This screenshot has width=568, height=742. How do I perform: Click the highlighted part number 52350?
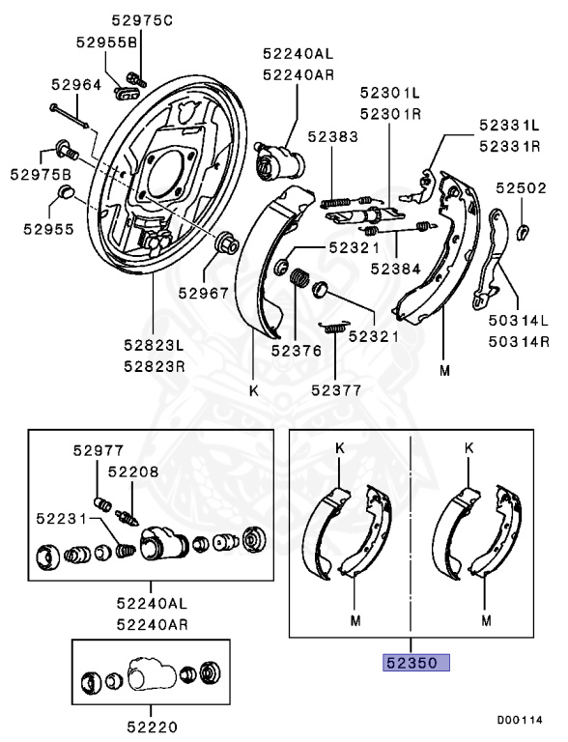tap(416, 663)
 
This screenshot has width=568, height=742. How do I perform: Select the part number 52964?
tap(76, 85)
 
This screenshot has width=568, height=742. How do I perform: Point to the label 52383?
tap(332, 137)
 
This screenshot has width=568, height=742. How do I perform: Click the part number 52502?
tap(521, 188)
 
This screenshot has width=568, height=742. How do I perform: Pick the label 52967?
tap(204, 294)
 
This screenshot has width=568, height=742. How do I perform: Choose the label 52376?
tap(297, 351)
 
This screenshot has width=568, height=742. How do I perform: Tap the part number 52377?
tap(336, 390)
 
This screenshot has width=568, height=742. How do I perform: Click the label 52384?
tap(395, 270)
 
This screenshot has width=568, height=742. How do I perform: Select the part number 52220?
tap(152, 727)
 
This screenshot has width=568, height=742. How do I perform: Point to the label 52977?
tap(98, 450)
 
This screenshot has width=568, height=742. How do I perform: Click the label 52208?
tap(133, 471)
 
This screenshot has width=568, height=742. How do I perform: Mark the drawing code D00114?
tap(520, 720)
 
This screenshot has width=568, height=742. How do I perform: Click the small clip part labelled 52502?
tap(523, 231)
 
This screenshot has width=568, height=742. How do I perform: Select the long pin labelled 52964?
tap(69, 116)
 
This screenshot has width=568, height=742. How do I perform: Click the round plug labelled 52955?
tap(65, 192)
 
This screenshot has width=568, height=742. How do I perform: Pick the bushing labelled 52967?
tap(227, 243)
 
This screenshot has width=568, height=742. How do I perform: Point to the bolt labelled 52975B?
tap(67, 149)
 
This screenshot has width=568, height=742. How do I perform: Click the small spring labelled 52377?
tap(334, 326)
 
